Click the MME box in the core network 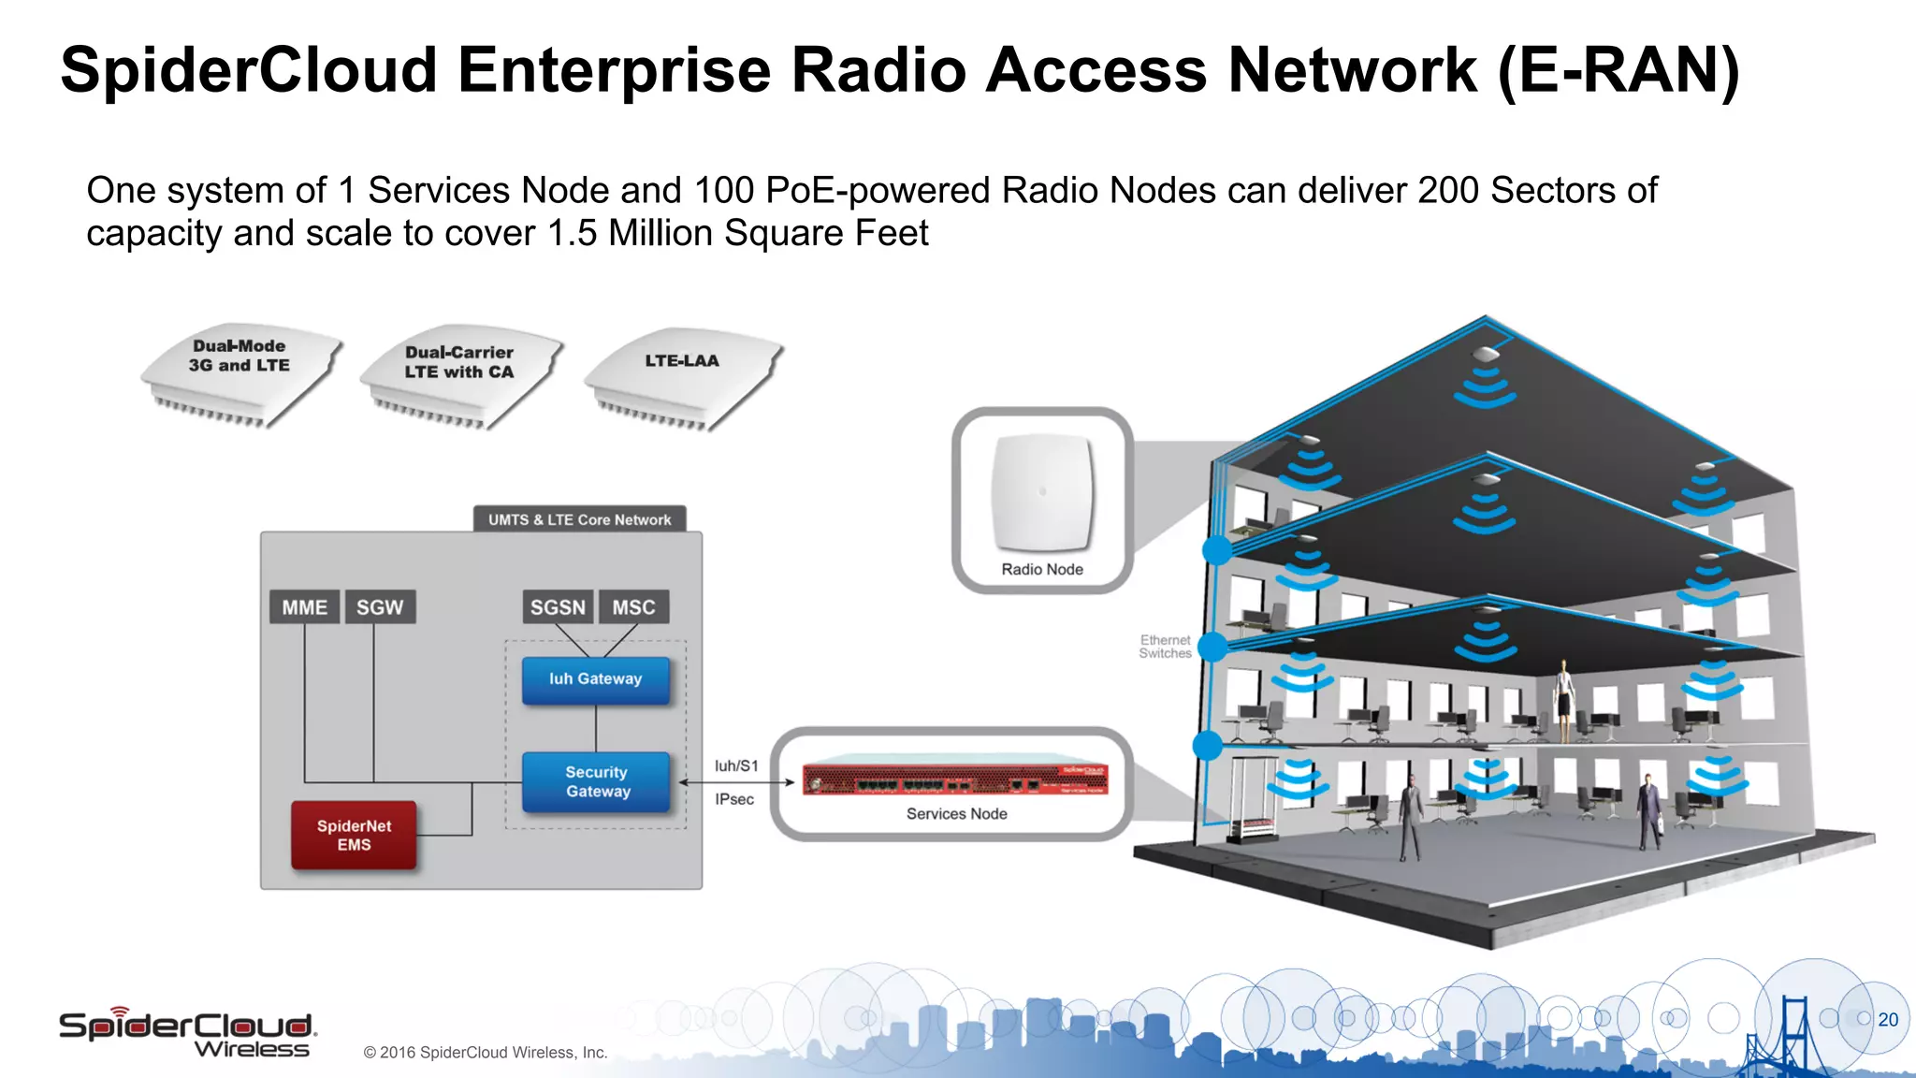[x=304, y=607]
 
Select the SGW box [x=380, y=607]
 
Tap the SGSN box [x=558, y=607]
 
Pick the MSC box [x=633, y=607]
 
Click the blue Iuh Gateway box [x=595, y=679]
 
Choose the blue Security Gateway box [x=597, y=781]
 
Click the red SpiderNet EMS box [x=354, y=835]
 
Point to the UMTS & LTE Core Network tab [x=579, y=519]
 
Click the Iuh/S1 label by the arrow [x=736, y=765]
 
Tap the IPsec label [x=734, y=799]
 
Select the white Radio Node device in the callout [x=1042, y=492]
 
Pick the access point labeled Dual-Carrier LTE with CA [x=460, y=374]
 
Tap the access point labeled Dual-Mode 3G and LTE [x=239, y=371]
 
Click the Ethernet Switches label [x=1165, y=647]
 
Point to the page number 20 [x=1888, y=1019]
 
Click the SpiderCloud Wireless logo [x=187, y=1033]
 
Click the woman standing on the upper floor [x=1563, y=698]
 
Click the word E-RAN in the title [x=1618, y=71]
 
